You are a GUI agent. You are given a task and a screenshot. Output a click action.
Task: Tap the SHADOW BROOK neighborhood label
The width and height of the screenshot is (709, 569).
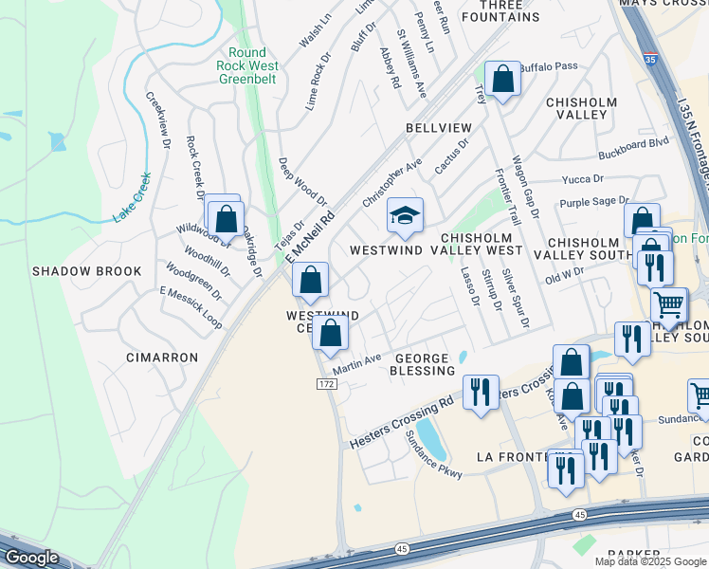pos(86,271)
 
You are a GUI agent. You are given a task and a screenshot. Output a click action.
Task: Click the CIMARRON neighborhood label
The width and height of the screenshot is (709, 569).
pos(162,358)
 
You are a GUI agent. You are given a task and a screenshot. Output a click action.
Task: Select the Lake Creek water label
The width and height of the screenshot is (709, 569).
pos(132,197)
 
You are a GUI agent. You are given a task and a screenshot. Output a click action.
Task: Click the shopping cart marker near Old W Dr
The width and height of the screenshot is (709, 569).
pos(669,305)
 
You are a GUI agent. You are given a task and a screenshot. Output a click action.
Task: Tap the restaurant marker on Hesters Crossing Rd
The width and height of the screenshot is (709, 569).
pos(481,391)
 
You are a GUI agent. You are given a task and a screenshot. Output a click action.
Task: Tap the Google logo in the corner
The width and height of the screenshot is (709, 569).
pos(30,558)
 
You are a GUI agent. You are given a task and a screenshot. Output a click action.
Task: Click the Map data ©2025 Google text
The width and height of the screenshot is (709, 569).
pos(650,561)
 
